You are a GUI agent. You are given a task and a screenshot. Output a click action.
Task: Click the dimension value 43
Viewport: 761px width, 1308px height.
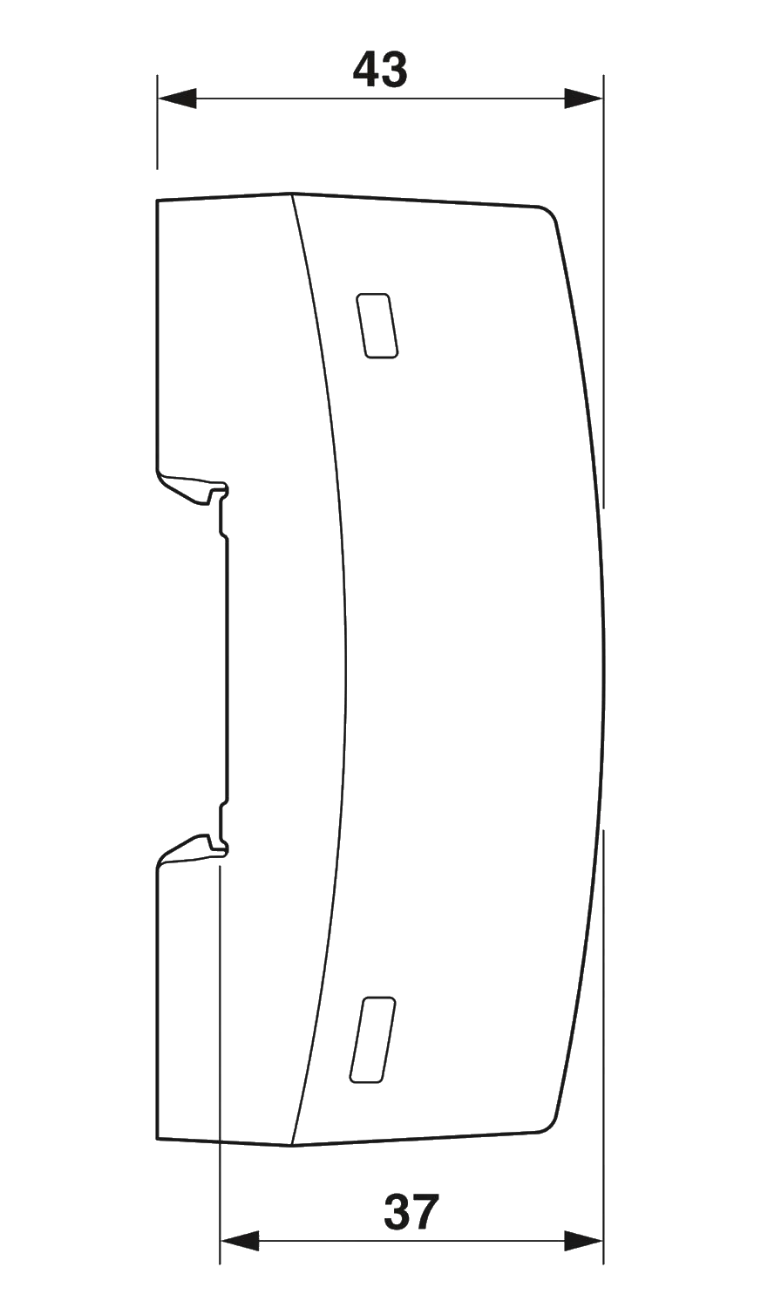tap(379, 71)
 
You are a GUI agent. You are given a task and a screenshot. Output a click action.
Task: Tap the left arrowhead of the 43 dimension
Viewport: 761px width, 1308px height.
tap(179, 99)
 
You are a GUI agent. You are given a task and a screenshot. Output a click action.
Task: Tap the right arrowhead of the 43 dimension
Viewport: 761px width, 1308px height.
tap(581, 99)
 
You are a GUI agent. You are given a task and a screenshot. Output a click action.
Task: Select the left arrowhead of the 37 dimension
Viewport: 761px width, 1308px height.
tap(242, 1240)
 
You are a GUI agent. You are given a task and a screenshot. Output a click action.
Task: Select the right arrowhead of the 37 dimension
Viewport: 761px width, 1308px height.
tap(581, 1240)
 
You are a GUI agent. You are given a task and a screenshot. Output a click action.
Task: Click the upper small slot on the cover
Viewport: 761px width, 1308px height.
tap(377, 326)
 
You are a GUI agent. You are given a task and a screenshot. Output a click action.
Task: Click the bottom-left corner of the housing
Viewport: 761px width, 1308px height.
tap(157, 1139)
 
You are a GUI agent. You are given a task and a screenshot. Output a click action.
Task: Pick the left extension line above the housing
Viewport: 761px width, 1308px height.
tap(157, 122)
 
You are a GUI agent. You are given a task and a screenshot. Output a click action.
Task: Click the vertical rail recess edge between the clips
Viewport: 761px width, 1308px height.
tap(228, 667)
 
